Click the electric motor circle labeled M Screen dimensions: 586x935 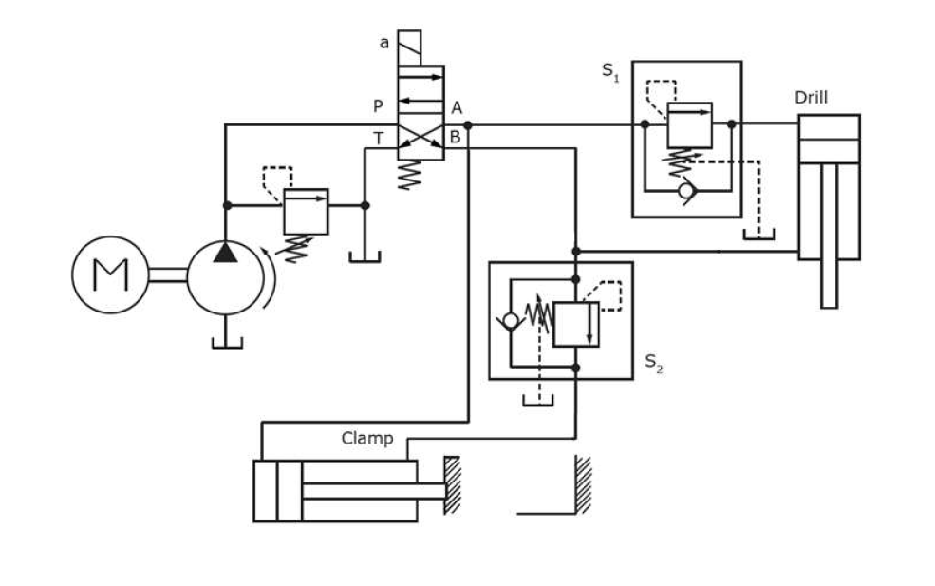(110, 274)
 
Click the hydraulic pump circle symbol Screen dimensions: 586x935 (224, 275)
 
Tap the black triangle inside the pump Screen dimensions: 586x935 (225, 252)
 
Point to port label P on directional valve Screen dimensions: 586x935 (378, 107)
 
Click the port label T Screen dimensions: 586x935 (379, 139)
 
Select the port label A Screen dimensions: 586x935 (457, 107)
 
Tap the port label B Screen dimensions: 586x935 (455, 139)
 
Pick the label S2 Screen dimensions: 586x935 (654, 362)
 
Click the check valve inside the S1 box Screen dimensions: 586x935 (686, 191)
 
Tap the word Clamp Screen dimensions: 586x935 (366, 439)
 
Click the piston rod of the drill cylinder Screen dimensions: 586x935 (829, 282)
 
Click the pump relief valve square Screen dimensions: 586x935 (306, 211)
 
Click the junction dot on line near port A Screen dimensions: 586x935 (469, 124)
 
